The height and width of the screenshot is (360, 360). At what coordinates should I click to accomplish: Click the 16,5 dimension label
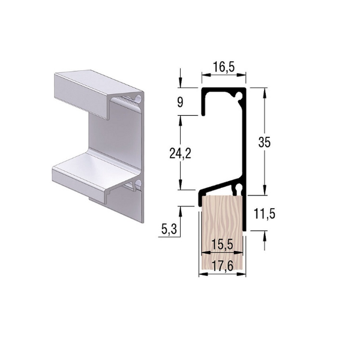click(x=224, y=67)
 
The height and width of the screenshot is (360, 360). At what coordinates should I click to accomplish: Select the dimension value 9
click(x=181, y=103)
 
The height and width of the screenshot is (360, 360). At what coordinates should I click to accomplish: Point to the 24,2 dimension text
click(x=180, y=153)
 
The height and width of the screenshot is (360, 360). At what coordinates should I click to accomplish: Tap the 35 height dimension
click(x=265, y=142)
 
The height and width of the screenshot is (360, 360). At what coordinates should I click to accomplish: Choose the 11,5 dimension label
click(x=264, y=214)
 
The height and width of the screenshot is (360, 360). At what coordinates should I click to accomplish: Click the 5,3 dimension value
click(x=169, y=229)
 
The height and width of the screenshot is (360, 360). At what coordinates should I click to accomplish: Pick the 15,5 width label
click(x=222, y=245)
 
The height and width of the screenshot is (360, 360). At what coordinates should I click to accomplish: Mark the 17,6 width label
click(x=222, y=266)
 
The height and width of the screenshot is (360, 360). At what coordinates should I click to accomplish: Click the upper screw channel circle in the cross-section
click(x=239, y=95)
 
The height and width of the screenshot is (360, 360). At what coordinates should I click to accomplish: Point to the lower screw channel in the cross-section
click(x=239, y=188)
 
